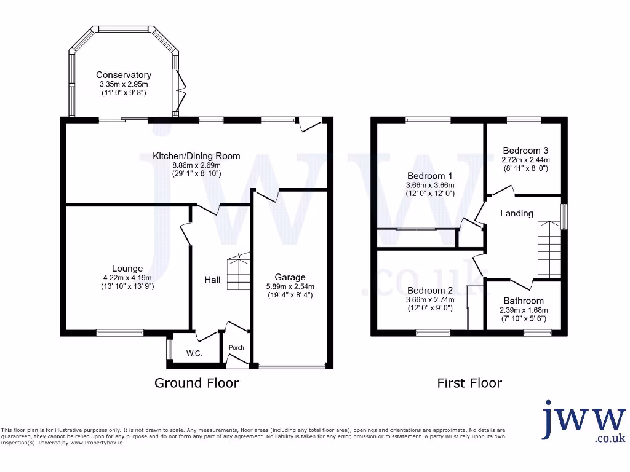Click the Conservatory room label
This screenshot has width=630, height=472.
click(x=124, y=75)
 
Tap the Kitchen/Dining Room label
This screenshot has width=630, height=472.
click(x=196, y=156)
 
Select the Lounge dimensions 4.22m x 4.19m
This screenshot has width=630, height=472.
click(x=127, y=277)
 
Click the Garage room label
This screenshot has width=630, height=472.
click(x=290, y=277)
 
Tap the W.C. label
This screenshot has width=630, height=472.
click(x=194, y=353)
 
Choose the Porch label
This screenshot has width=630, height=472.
click(x=236, y=348)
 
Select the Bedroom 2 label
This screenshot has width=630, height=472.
click(x=429, y=291)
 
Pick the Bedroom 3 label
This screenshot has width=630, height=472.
click(x=525, y=150)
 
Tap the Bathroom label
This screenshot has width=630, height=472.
click(x=523, y=301)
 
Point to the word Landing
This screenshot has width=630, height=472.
click(x=516, y=213)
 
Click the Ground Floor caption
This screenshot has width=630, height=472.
click(x=196, y=383)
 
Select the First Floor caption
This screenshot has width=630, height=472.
click(x=469, y=383)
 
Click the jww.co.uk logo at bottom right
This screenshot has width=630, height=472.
click(x=583, y=422)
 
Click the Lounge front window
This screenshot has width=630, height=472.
click(x=119, y=333)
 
